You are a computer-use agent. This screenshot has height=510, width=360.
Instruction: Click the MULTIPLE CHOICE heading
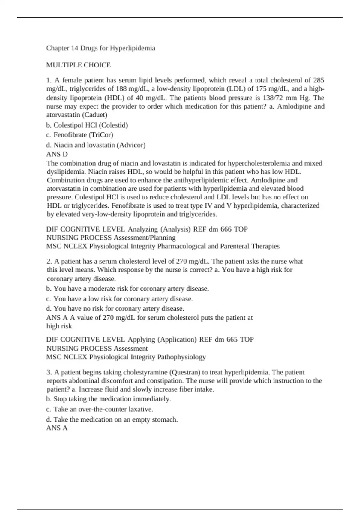click(78, 65)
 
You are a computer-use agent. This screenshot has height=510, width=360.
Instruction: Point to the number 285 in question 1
click(319, 80)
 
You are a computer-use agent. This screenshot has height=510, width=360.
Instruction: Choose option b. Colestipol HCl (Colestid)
click(87, 125)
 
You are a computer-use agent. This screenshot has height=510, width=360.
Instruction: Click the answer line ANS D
click(57, 154)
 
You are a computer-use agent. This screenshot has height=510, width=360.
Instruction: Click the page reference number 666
click(226, 229)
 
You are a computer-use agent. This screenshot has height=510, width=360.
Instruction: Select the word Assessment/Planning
click(145, 238)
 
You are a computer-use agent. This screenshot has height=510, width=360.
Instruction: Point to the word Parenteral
click(234, 246)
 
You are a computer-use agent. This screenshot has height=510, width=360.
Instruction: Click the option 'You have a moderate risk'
click(127, 289)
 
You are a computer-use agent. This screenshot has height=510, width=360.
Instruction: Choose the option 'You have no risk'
click(115, 309)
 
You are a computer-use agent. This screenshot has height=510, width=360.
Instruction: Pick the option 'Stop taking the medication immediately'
click(109, 399)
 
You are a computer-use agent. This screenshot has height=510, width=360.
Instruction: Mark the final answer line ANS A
click(57, 428)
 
